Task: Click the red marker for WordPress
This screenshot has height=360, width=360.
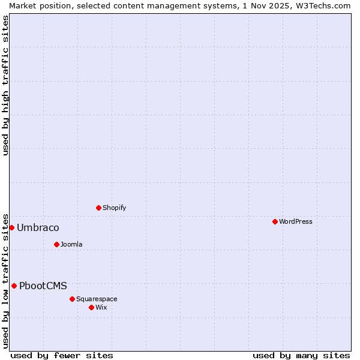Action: [275, 221]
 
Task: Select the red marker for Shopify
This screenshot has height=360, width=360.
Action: [98, 208]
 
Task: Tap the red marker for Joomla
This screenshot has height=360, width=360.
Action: [56, 244]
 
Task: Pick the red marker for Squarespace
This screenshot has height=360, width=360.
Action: [72, 299]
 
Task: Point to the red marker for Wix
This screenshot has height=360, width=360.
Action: [91, 307]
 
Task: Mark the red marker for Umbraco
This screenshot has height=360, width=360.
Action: [11, 227]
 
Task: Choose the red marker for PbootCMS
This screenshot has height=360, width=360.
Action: [14, 286]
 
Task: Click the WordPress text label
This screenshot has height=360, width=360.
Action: [296, 221]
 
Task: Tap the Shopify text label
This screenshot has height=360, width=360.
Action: [114, 208]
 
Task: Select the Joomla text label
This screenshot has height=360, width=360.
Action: [71, 244]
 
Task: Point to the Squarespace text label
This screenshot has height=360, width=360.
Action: [97, 299]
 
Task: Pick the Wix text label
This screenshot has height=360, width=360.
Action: [101, 307]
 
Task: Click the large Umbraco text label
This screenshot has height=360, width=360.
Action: [38, 227]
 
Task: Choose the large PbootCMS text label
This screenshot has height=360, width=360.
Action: [43, 286]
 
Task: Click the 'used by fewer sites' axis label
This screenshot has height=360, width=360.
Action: [62, 355]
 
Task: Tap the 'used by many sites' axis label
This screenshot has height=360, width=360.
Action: [301, 355]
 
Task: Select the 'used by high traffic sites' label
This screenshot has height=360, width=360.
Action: [5, 86]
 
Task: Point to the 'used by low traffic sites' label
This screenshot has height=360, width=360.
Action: [5, 280]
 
